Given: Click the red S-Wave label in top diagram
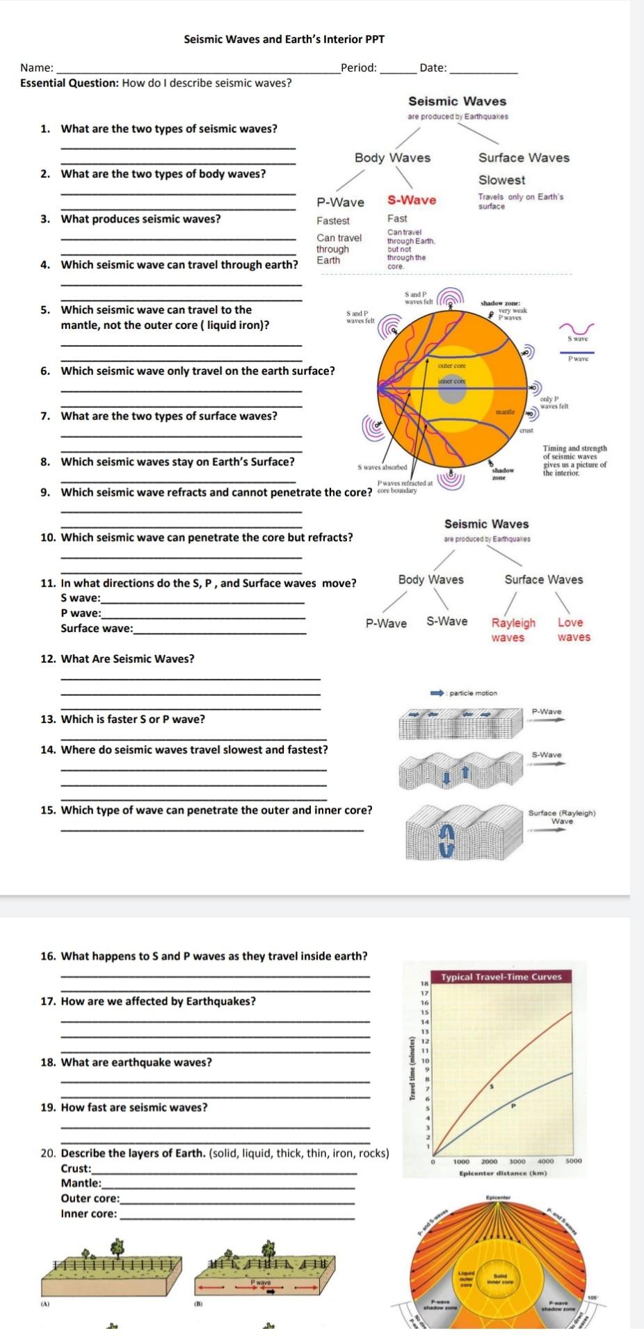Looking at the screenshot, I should pos(412,200).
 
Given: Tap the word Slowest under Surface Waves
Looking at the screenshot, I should pos(501,179).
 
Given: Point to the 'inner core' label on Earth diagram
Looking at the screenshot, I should pos(451,381).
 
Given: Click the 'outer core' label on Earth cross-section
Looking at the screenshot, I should pos(451,365).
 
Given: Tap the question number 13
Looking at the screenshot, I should pos(47,720).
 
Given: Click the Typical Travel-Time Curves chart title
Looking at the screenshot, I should pos(501,976).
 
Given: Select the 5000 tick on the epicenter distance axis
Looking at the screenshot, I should pos(573,1161).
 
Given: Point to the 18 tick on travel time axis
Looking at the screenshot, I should pos(424,985).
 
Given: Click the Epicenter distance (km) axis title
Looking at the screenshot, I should pos(503,1173).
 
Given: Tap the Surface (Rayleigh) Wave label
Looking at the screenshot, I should pos(562,816).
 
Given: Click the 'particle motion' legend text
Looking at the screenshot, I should pos(473,693).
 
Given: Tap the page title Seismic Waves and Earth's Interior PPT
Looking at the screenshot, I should pos(284,40).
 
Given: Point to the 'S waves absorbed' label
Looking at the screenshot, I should pos(382,468).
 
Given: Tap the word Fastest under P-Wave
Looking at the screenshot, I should pos(333,221).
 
